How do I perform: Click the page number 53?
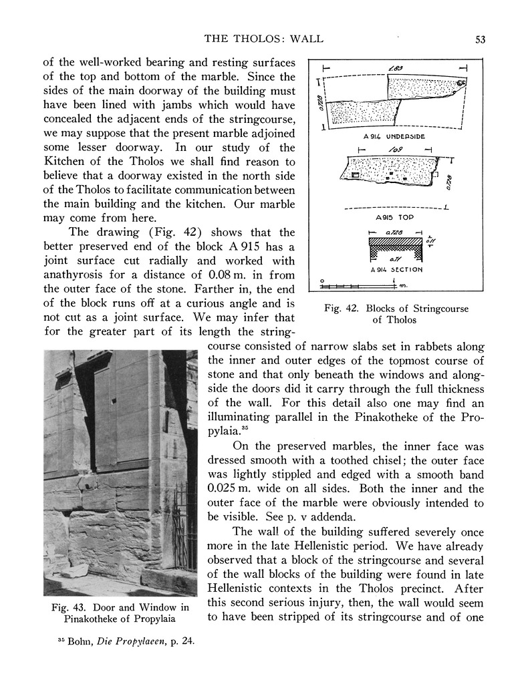[x=480, y=39]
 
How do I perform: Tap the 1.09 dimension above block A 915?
[x=392, y=150]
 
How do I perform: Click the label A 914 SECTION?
[x=396, y=269]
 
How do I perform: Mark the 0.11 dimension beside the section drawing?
[x=430, y=237]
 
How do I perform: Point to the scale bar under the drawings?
[x=358, y=286]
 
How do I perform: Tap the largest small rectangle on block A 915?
[x=356, y=175]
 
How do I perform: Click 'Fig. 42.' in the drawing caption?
[x=342, y=309]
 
